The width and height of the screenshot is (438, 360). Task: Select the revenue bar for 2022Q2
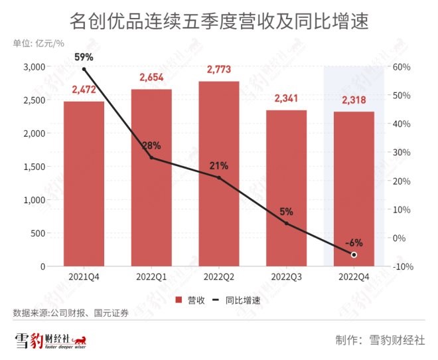coord(219,173)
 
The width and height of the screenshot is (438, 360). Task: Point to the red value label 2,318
coord(354,100)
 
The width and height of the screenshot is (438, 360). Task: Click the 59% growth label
coord(84,57)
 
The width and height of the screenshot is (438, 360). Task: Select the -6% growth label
coord(354,242)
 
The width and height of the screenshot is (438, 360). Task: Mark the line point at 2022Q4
coord(354,254)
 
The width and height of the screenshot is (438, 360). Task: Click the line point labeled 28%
coord(151,157)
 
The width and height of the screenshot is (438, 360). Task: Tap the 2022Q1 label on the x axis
coord(151,276)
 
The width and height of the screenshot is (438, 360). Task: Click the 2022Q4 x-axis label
coord(354,276)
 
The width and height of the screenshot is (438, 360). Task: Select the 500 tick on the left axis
coord(37,233)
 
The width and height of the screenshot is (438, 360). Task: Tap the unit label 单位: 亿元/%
coord(38,44)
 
